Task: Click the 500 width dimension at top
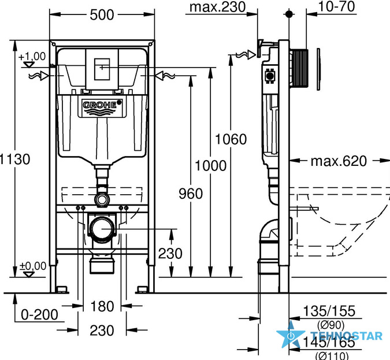pyautogui.click(x=102, y=15)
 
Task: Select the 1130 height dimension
pyautogui.click(x=14, y=159)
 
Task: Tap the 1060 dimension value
pyautogui.click(x=231, y=139)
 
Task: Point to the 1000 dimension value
pyautogui.click(x=211, y=166)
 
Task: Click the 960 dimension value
pyautogui.click(x=191, y=194)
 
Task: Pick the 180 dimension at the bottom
pyautogui.click(x=102, y=306)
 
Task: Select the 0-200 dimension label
pyautogui.click(x=39, y=315)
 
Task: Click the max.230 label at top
pyautogui.click(x=218, y=7)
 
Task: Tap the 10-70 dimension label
pyautogui.click(x=336, y=6)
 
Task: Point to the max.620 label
pyautogui.click(x=339, y=161)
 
